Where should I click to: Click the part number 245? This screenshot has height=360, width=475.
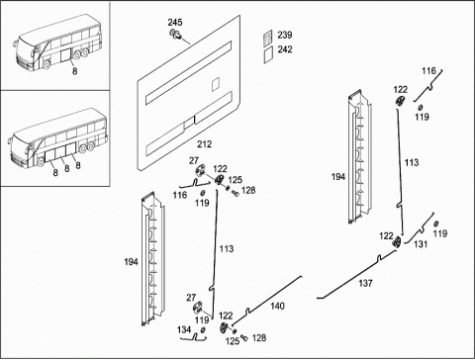pos(175,23)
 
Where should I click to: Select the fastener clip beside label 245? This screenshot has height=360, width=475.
pos(174,34)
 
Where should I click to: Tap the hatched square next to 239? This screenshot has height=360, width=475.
pos(268,38)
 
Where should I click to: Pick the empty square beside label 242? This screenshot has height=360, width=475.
pos(268,54)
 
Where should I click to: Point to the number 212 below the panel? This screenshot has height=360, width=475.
pos(205,144)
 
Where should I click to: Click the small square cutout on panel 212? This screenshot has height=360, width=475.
pos(215,84)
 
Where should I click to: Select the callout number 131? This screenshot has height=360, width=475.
pos(421,244)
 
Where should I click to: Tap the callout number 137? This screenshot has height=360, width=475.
pos(365,283)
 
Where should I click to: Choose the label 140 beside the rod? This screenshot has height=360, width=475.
pos(277,307)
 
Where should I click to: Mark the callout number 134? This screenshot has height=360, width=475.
pos(184,329)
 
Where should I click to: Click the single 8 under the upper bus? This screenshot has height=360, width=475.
pos(75,71)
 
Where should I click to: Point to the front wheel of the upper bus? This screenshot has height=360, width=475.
pos(47,64)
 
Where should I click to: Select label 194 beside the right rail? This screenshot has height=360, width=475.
pos(338,177)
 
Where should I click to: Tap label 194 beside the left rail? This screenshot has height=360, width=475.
pos(131,262)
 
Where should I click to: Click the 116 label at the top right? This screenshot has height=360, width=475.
pos(428,71)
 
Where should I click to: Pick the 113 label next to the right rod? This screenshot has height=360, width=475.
pos(412,162)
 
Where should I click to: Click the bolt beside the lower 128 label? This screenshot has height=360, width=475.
pos(244,337)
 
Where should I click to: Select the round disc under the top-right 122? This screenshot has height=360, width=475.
pos(400,101)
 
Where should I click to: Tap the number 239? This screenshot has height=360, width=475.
pos(285,35)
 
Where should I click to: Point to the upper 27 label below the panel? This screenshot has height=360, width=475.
pos(194,160)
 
